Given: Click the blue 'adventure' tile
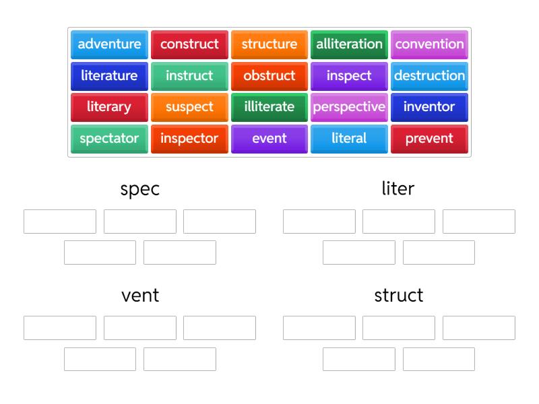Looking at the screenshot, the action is click(109, 44).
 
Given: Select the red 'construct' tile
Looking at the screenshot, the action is click(189, 44).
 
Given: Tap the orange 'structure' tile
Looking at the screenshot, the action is click(269, 44).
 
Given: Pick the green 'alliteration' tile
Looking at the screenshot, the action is click(349, 44).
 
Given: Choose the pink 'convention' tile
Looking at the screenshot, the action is click(429, 44).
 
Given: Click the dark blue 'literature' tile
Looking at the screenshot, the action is click(109, 76).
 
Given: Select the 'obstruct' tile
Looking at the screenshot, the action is click(269, 76).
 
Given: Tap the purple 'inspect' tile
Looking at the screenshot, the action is click(349, 76).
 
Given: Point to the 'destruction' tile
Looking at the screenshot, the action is click(429, 76).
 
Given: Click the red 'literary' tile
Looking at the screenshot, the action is click(109, 107).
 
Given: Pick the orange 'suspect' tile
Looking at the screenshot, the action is click(189, 107).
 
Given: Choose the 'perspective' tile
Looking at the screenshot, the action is click(349, 107).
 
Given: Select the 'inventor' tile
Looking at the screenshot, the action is click(429, 107).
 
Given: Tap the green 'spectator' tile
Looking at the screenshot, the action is click(109, 139).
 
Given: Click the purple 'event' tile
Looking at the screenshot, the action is click(269, 139).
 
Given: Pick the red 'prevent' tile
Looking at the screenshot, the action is click(429, 139).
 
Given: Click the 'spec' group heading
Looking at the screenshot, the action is click(140, 189).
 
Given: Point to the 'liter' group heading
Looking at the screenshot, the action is click(398, 189).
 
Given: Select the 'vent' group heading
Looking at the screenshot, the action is click(140, 295).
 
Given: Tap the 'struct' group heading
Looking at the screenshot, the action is click(399, 295).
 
